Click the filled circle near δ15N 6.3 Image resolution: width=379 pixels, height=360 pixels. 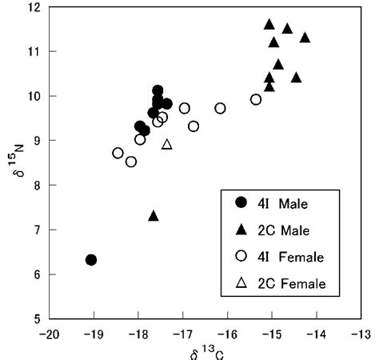click(91, 260)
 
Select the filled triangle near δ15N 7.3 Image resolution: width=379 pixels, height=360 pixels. click(154, 216)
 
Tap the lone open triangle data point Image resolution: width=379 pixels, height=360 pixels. click(167, 145)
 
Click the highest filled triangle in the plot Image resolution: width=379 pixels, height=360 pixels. click(269, 25)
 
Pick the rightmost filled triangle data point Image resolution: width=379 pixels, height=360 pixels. click(305, 38)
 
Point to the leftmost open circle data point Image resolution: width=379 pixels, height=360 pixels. click(118, 153)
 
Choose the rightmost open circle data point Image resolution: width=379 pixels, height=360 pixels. click(256, 100)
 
